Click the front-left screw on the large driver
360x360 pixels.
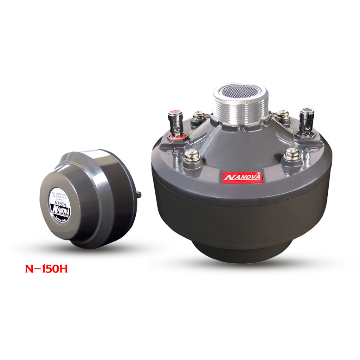(192, 155)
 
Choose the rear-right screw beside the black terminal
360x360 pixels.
(282, 115)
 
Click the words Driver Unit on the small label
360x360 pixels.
(61, 219)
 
